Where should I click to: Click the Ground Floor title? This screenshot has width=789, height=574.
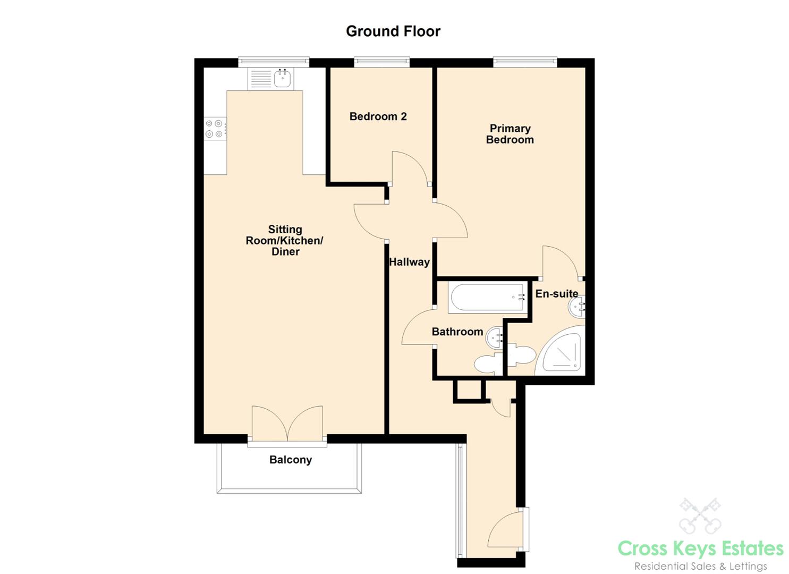point(393,31)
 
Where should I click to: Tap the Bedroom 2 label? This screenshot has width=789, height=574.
point(378,116)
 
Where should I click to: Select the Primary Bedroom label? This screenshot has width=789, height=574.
point(510,134)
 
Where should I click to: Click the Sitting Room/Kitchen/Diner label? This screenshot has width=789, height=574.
point(285,240)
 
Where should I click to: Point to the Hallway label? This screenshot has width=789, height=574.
point(409,261)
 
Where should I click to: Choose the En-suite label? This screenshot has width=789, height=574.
point(556,293)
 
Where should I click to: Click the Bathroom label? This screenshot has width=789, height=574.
point(457,332)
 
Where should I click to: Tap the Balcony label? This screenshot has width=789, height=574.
point(290,460)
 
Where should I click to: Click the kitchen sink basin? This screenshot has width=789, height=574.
point(282,79)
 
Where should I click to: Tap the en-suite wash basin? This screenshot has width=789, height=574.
point(577,307)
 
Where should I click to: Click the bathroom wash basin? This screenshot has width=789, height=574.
point(495,337)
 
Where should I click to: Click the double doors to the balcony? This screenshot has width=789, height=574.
point(287,424)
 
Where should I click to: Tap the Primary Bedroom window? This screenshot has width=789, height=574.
point(525,62)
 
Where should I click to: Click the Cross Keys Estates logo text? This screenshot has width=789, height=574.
point(700,548)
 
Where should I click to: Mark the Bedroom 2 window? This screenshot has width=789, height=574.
point(381,62)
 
